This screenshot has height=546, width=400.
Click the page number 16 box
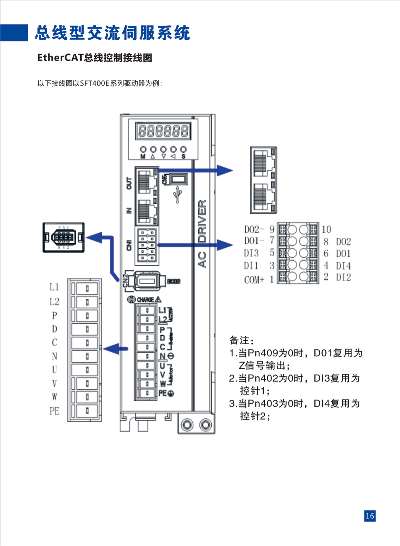370,516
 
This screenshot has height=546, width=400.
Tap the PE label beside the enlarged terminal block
54,411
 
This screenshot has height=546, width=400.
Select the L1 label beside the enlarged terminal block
54,287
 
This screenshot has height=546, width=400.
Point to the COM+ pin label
254,280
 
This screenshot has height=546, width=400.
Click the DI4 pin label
343,266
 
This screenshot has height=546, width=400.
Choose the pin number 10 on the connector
326,229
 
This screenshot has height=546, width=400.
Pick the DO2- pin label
254,229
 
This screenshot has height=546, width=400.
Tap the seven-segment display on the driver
163,131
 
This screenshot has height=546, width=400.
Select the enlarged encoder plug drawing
63,237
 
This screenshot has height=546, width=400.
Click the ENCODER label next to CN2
174,282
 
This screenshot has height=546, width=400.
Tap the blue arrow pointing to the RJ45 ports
200,170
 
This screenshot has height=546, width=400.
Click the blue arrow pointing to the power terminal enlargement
115,349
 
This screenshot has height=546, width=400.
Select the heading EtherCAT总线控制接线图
95,58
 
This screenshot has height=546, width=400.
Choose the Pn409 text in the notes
263,353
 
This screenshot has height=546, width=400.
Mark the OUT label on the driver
129,183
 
